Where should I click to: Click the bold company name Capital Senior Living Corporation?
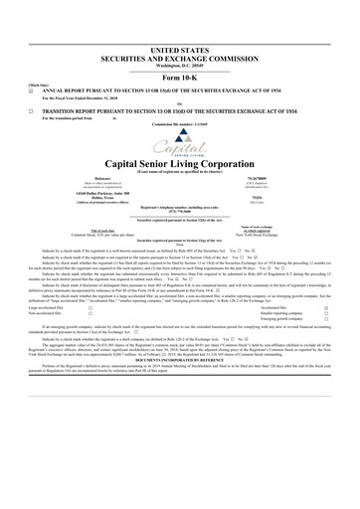(x=179, y=164)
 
